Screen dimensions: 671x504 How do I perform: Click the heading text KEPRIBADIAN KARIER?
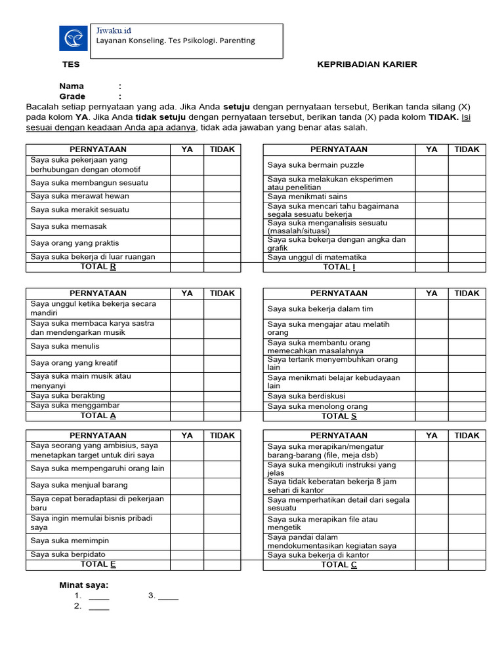tap(367, 64)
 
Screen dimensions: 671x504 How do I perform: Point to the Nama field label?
tap(72, 86)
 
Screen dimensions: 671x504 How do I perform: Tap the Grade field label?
tap(73, 96)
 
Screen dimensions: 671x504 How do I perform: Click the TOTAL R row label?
tap(98, 267)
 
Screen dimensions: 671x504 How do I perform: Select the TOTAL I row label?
tap(339, 267)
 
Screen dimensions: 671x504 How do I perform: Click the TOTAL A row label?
tap(98, 415)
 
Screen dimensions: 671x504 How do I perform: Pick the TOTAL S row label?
tap(339, 416)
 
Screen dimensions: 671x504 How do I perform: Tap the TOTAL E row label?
tap(98, 564)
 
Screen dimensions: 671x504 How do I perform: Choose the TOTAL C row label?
tap(339, 565)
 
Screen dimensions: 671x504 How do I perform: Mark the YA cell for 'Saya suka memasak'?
tap(187, 226)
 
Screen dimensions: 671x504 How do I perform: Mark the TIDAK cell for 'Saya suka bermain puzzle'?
tap(467, 165)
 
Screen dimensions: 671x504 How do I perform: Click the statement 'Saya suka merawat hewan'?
tap(80, 196)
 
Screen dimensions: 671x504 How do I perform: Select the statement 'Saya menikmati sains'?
tap(307, 197)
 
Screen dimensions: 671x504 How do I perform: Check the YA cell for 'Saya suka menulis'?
tap(187, 346)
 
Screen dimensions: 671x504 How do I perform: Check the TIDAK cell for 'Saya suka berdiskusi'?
tap(467, 396)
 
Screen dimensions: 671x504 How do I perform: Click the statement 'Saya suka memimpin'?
tap(70, 541)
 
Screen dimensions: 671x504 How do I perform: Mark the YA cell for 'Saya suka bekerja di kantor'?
tap(431, 555)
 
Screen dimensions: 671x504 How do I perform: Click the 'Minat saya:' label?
tap(84, 585)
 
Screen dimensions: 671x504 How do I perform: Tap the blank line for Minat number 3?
tap(168, 596)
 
